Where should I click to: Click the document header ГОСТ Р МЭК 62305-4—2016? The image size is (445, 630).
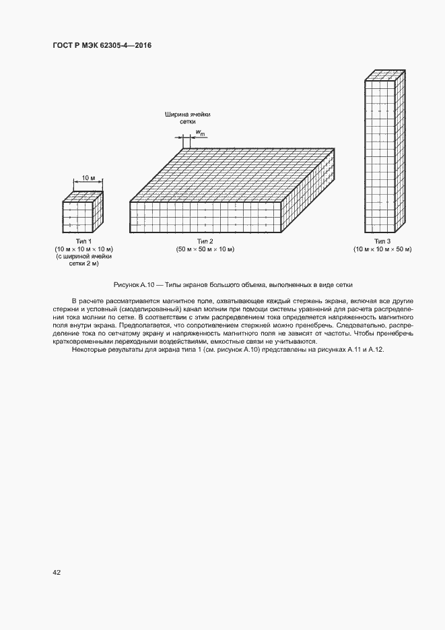coord(101,46)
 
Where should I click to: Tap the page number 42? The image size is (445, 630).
coord(57,572)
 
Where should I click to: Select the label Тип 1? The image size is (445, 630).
coord(83,241)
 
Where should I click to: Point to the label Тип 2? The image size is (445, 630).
coord(205,241)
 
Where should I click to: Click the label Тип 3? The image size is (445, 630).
coord(382,241)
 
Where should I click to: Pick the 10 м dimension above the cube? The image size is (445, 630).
coord(88,178)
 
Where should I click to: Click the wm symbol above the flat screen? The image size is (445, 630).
coord(200,133)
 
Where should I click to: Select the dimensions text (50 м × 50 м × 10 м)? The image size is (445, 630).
coord(205,249)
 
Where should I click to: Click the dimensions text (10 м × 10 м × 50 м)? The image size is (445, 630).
coord(382,249)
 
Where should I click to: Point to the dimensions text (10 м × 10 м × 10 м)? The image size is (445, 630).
coord(83,249)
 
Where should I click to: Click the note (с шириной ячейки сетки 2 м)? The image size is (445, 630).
coord(83,261)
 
